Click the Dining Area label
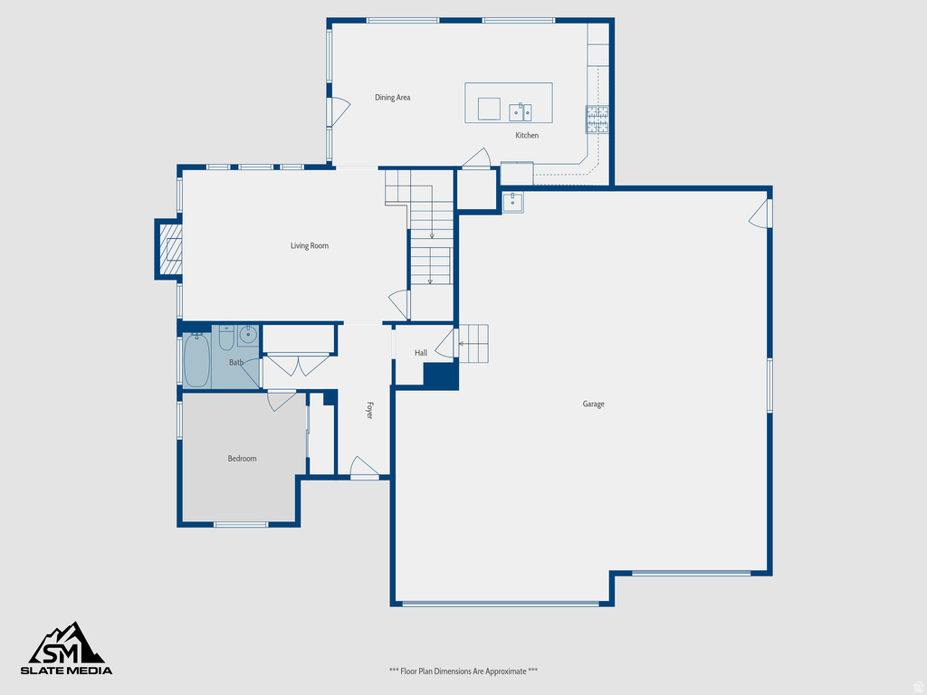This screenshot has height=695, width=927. tap(393, 97)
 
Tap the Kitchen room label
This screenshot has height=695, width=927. tap(527, 136)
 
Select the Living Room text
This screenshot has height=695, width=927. tap(310, 246)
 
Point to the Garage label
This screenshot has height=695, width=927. tap(593, 405)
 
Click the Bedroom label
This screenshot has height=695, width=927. tap(242, 459)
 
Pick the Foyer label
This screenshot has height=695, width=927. tap(369, 409)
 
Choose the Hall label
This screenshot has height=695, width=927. tap(421, 353)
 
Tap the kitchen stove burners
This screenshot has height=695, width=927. tap(597, 119)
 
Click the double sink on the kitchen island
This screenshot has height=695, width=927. tap(520, 112)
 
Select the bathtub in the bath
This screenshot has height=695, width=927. tap(196, 360)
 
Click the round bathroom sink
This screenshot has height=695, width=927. tap(248, 336)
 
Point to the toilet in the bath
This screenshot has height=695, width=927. tap(225, 336)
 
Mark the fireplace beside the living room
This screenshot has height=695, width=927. tap(169, 249)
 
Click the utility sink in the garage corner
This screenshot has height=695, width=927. tap(513, 202)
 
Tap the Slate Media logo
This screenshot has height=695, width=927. tap(68, 649)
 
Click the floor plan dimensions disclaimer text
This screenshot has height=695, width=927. tap(463, 671)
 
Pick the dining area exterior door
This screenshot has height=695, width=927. tap(338, 110)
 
